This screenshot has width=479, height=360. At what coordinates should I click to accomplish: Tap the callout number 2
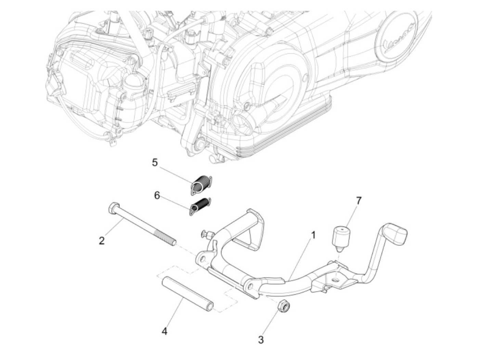pos(102,241)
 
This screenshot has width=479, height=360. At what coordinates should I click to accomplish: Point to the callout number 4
pos(165,331)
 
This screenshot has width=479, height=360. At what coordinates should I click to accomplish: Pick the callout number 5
pos(155,162)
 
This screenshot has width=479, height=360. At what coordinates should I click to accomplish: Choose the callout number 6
pos(157,195)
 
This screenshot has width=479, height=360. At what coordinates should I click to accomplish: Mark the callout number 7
pos(358,201)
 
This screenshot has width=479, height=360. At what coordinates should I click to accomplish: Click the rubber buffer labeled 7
pos(340,236)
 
